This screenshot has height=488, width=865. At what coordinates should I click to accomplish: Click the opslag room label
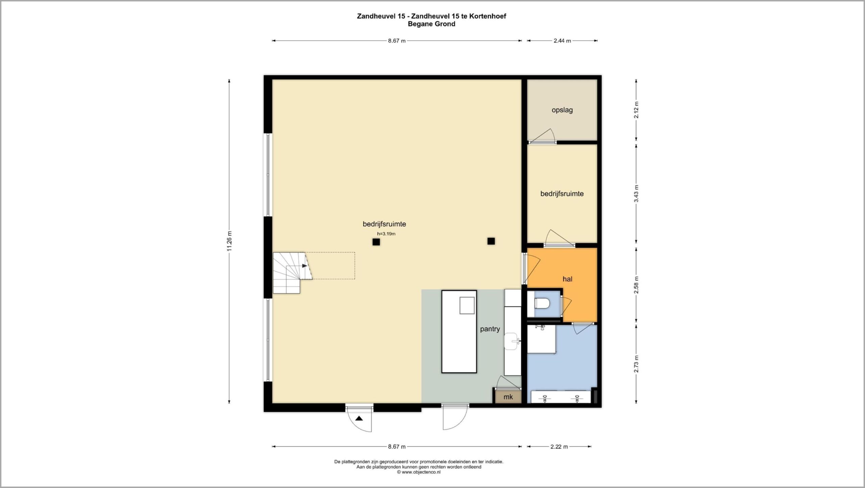click(x=562, y=110)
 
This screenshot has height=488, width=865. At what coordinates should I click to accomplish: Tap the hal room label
click(x=567, y=279)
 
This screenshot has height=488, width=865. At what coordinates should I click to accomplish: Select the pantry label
click(x=490, y=329)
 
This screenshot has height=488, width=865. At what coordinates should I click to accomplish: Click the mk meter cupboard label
click(x=508, y=397)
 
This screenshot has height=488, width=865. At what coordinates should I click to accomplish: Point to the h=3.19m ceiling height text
click(x=386, y=234)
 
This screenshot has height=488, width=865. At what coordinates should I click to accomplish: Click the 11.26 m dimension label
click(x=229, y=241)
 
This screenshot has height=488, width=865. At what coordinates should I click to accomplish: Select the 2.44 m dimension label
click(x=562, y=41)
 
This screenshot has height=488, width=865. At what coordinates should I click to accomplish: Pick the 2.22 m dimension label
click(x=559, y=447)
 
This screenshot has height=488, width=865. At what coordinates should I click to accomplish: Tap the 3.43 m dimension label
click(x=636, y=194)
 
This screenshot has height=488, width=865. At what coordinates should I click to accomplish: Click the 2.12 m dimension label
click(x=636, y=110)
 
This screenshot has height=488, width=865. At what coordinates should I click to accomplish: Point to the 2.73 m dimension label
click(x=636, y=364)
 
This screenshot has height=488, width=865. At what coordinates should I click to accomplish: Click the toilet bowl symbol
click(x=542, y=303)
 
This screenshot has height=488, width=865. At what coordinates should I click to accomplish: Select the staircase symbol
click(x=293, y=272)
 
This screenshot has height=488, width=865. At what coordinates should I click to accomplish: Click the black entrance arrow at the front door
click(x=359, y=418)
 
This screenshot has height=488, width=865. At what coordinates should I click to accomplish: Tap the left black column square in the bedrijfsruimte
click(x=376, y=242)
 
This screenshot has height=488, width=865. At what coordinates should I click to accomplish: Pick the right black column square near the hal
click(x=491, y=241)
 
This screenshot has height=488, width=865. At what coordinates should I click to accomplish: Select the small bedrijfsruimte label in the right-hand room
click(x=562, y=194)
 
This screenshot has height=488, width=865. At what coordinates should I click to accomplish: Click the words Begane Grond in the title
click(x=431, y=24)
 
